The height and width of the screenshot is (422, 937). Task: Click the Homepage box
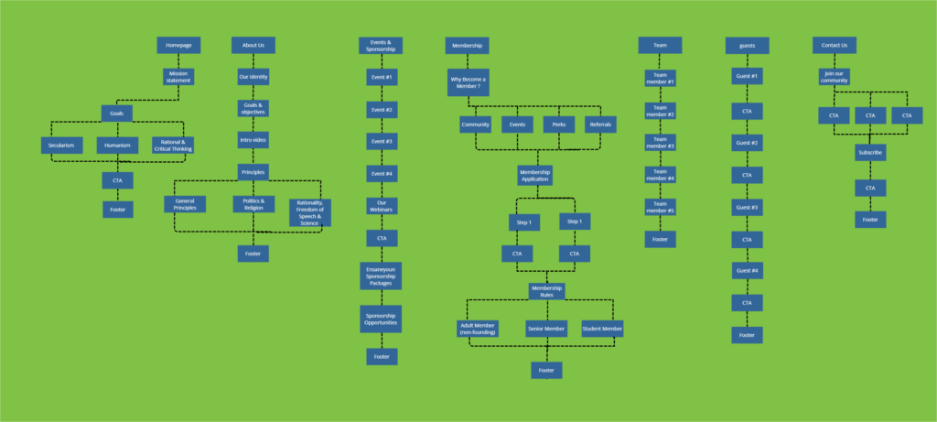[x=178, y=46]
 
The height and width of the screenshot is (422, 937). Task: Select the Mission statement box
[x=178, y=77]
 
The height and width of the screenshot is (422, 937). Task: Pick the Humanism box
[x=117, y=145]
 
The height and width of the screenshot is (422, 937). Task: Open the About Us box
[x=253, y=46]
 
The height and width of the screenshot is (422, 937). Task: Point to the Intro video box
[x=253, y=141]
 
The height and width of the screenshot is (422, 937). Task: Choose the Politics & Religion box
[x=253, y=204]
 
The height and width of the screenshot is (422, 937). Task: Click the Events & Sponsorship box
[x=381, y=46]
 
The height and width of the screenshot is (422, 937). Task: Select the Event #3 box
[x=382, y=142]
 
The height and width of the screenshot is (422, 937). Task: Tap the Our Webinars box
[x=382, y=206]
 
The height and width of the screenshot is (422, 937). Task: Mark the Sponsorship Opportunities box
[x=382, y=319]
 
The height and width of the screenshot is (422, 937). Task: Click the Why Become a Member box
[x=468, y=82]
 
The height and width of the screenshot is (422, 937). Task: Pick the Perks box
[x=559, y=124]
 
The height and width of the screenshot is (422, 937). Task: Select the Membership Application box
[x=534, y=175]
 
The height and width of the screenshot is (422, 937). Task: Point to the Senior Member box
[x=547, y=328]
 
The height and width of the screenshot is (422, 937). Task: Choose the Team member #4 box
[x=660, y=175]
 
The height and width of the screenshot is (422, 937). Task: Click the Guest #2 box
[x=747, y=144]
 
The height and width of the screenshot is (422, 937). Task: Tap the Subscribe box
[x=870, y=153]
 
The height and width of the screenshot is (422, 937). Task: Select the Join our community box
[x=835, y=78]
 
